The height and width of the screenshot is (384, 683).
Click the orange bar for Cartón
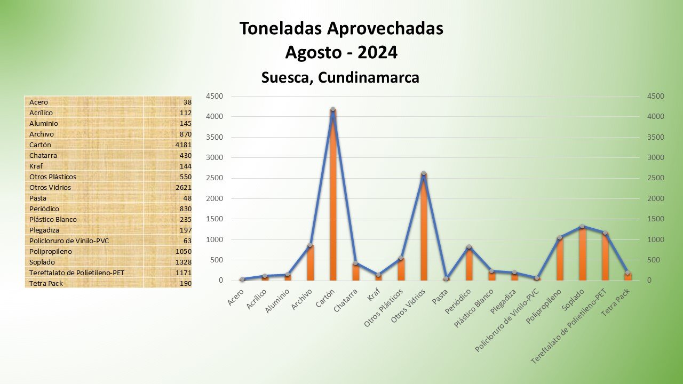click(x=333, y=197)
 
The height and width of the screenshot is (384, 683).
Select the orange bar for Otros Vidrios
click(x=424, y=229)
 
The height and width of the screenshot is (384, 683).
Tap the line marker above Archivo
click(x=310, y=245)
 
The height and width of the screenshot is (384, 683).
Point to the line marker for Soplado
click(x=583, y=227)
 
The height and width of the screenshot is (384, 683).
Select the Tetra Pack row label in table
click(x=46, y=283)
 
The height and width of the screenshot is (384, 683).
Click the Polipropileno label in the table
click(x=51, y=251)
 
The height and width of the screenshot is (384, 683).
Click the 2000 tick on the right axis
click(x=655, y=198)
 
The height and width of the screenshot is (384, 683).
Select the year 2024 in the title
click(x=377, y=52)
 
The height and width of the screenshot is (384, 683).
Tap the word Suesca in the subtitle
click(x=285, y=77)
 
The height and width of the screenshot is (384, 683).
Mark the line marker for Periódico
click(x=469, y=247)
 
